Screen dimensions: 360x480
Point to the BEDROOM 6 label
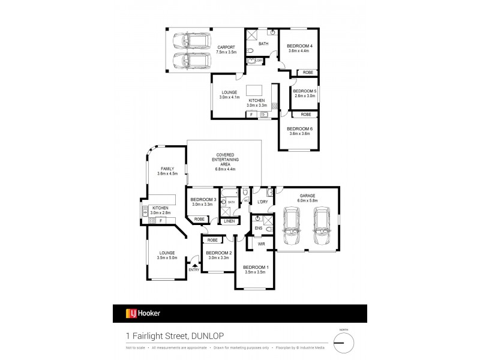[x=298, y=129]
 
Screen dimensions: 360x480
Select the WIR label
[x=262, y=244]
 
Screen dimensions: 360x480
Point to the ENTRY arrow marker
[x=194, y=265]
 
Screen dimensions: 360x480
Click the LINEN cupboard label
[x=229, y=221]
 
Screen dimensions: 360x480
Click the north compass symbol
[x=344, y=343]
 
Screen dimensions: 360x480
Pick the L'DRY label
[x=262, y=202]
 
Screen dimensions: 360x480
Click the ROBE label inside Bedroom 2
[x=212, y=240]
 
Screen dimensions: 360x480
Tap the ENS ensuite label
[x=259, y=228]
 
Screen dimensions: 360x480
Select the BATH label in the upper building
[x=263, y=44]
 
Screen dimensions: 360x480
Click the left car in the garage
[x=290, y=228]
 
